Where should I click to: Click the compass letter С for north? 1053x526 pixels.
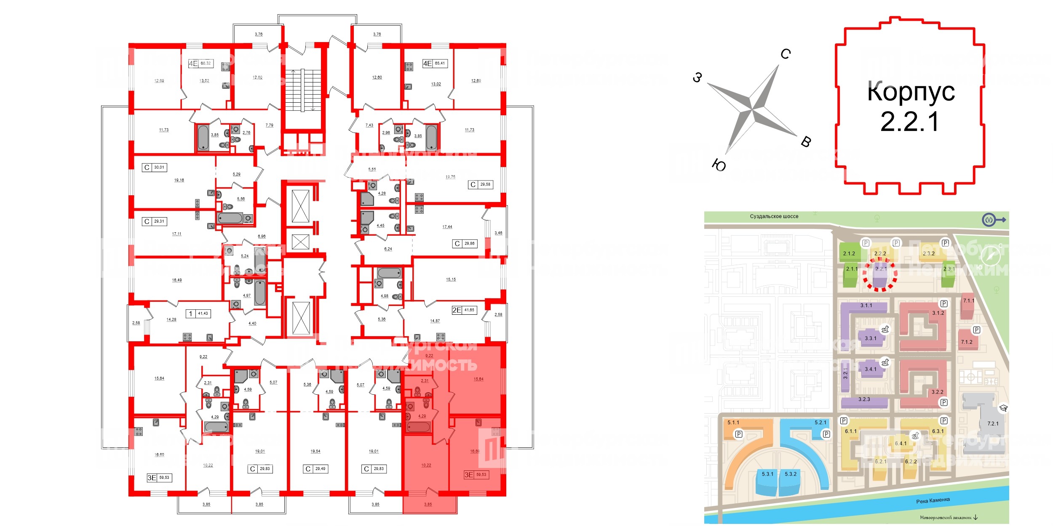pos(786,54)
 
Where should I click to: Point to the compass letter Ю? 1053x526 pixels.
pos(719,165)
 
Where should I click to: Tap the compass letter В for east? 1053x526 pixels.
pos(806,142)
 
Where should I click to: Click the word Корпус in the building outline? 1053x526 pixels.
pos(911,91)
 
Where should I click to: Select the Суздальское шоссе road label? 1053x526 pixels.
pos(774,216)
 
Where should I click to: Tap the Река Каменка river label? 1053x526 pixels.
pos(933,500)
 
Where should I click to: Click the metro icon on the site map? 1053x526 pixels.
pos(989,220)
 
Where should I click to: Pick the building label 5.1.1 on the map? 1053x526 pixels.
pos(733,422)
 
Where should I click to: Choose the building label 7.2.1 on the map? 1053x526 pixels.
pos(993,424)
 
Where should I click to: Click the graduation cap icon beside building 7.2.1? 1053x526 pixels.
pos(1004,408)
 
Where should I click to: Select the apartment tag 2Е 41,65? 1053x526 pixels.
pos(464,310)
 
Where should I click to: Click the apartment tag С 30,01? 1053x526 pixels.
pos(155,167)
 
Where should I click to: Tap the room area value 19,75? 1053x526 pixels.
pos(450,177)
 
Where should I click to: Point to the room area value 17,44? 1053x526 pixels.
pos(447,227)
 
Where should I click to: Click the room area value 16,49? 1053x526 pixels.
pos(177,280)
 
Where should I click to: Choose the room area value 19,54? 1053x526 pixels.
pos(315,452)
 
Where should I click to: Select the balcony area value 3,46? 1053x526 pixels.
pos(498,233)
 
